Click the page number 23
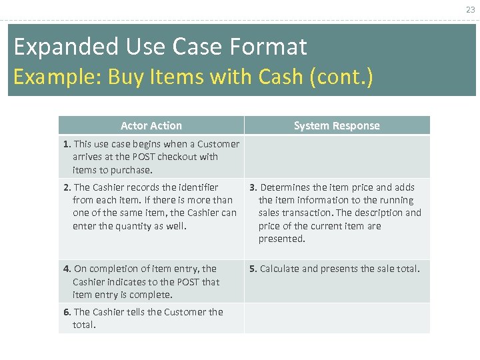tap(471, 9)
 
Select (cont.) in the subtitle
tap(341, 77)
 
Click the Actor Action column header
tap(151, 125)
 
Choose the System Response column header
tap(337, 125)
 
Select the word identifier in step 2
tap(197, 187)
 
